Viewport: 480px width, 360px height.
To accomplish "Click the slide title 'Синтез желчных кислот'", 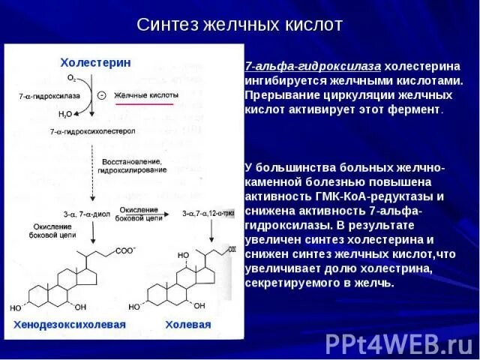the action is point(239,25).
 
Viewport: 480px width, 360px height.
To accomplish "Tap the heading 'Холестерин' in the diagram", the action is point(95,62).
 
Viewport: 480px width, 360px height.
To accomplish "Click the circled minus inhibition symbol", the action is point(102,95).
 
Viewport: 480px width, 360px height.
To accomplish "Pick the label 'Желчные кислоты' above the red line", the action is point(147,95).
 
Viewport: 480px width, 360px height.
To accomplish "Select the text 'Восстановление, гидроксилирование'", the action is point(133,166).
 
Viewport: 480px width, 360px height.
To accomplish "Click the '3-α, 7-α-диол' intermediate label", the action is point(81,214).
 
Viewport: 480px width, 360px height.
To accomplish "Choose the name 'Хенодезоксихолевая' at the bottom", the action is point(68,324).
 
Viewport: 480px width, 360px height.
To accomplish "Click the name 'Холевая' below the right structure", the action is point(187,324).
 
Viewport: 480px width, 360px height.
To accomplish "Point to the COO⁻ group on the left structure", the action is point(125,251).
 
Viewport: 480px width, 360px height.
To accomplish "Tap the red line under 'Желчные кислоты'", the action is point(143,104).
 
